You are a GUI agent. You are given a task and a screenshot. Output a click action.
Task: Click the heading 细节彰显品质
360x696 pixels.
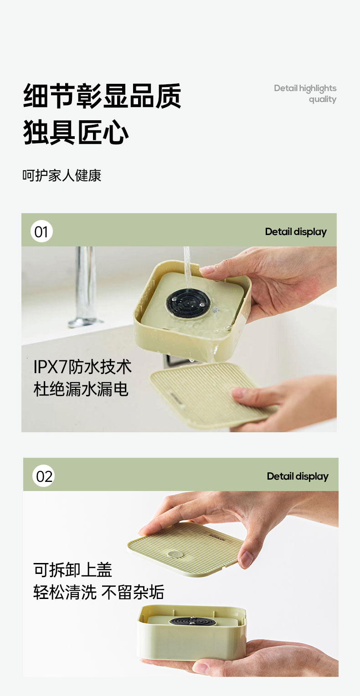102,96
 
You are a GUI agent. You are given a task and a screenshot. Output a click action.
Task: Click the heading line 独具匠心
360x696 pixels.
76,133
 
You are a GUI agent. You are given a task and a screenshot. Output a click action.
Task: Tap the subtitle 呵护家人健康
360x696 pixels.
62,175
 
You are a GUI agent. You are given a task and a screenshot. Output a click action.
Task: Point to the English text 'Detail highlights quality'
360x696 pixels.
305,93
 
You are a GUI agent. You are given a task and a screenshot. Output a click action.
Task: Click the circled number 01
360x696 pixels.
41,231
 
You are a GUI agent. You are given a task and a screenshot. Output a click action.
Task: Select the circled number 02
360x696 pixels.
44,476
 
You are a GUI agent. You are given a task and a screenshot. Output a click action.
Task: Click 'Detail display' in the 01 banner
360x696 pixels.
296,231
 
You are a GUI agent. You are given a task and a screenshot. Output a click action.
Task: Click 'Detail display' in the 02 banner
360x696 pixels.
298,476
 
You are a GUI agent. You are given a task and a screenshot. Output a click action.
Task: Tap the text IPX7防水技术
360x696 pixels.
82,367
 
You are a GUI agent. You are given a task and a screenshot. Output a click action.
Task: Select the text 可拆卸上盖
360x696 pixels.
72,570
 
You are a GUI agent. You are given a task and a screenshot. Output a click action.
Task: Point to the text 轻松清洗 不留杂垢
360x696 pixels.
98,593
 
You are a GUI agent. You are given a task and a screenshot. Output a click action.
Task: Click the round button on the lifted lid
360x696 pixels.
173,554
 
